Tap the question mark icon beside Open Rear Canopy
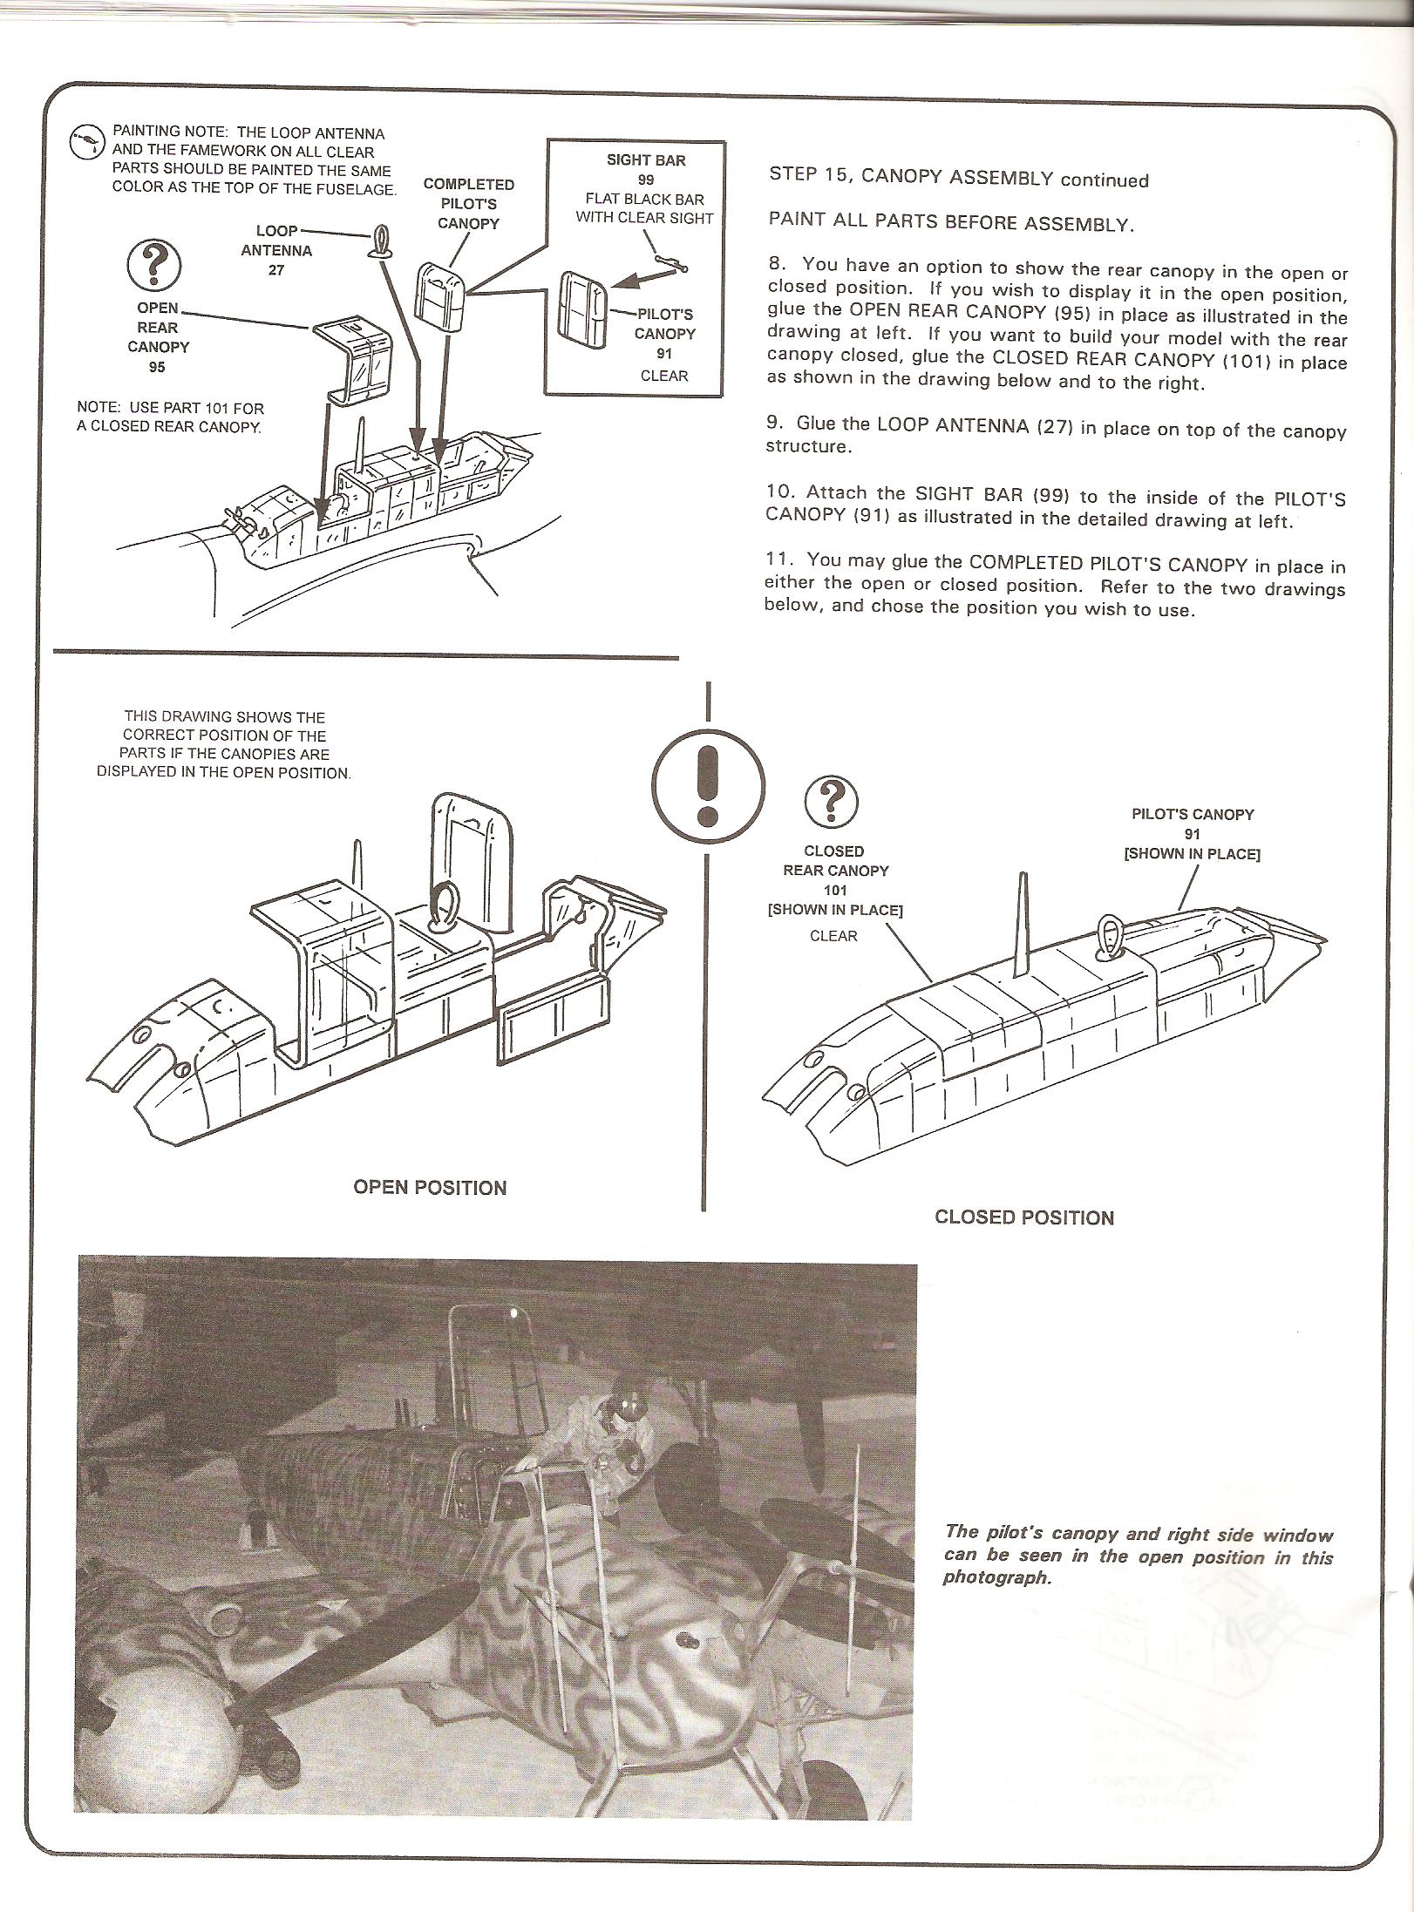154,266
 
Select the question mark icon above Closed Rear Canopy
831,802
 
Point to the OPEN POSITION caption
430,1188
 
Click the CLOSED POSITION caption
1023,1217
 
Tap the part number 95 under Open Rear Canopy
157,367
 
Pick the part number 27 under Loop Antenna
275,270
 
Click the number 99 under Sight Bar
646,180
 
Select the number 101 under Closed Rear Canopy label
834,890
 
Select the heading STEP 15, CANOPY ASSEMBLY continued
958,177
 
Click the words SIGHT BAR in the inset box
646,160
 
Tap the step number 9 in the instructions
774,424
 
